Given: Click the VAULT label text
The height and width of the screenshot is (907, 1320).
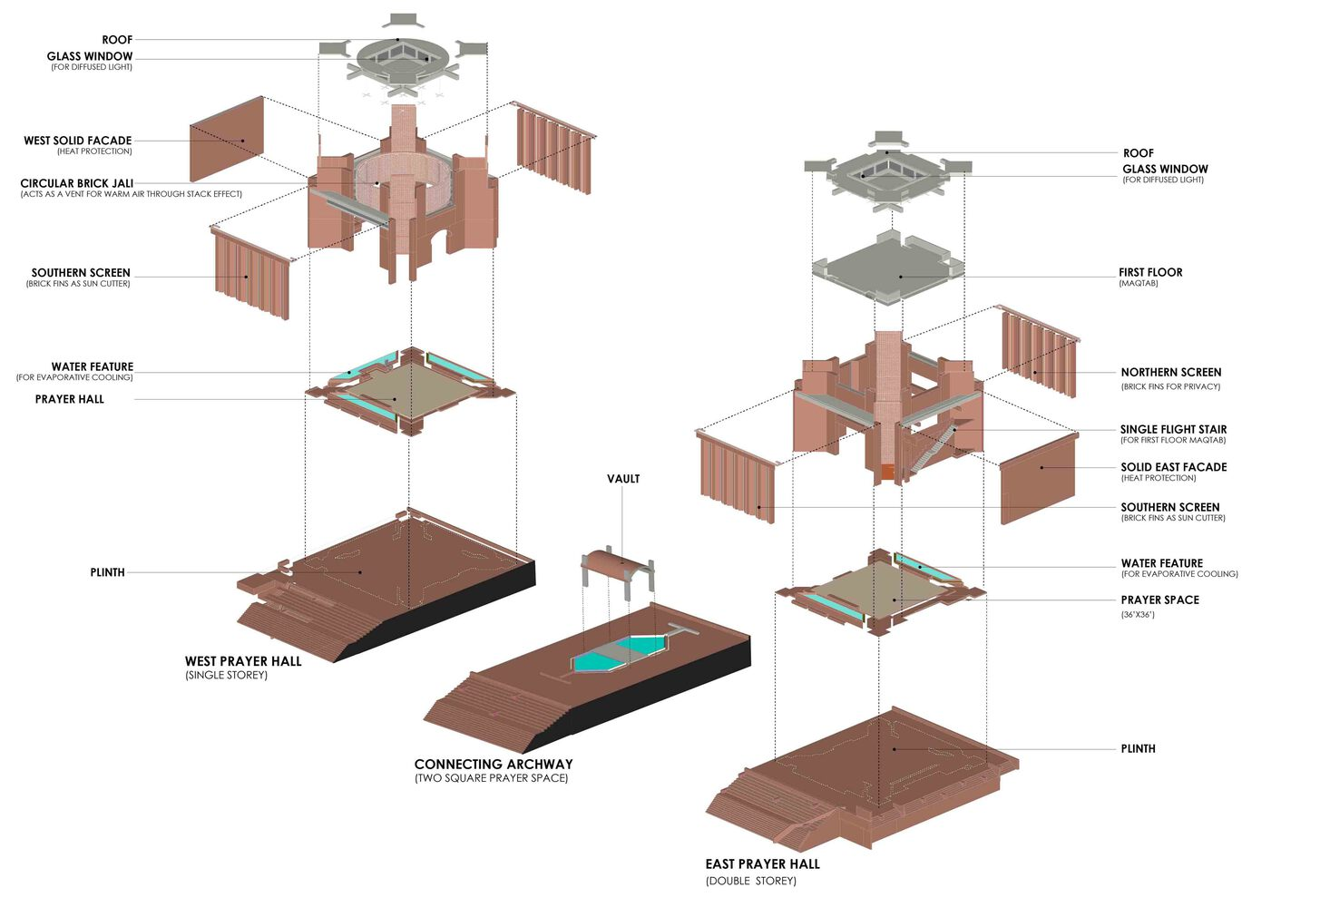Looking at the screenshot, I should pos(623,479).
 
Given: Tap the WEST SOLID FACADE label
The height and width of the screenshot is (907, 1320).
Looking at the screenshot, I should pos(78,141).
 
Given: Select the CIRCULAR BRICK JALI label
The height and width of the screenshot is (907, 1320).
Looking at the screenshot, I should pos(77,183).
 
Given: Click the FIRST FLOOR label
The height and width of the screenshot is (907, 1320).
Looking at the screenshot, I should pos(1150,272).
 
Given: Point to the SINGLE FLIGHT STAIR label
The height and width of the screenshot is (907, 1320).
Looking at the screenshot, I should pos(1173,429).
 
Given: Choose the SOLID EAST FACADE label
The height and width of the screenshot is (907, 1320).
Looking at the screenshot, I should pos(1173,467).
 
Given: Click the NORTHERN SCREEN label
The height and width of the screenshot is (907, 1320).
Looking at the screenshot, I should pos(1170,372).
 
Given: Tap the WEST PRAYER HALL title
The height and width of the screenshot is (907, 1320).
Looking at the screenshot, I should pos(243,661).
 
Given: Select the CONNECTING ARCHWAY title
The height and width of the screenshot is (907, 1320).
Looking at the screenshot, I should pos(494,764).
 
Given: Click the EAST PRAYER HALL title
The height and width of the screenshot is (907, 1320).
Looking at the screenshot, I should pos(762,864).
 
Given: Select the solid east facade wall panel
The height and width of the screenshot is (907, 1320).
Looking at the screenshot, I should pos(1039,479).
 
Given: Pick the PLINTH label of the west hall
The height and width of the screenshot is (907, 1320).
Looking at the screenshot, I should pos(107,572).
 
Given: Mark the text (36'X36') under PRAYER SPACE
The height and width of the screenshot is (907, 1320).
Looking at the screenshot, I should pos(1138,615).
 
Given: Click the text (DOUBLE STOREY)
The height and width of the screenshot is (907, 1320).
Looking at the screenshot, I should pos(750,881).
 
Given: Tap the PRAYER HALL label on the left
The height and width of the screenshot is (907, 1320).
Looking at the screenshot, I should pos(70,399).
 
